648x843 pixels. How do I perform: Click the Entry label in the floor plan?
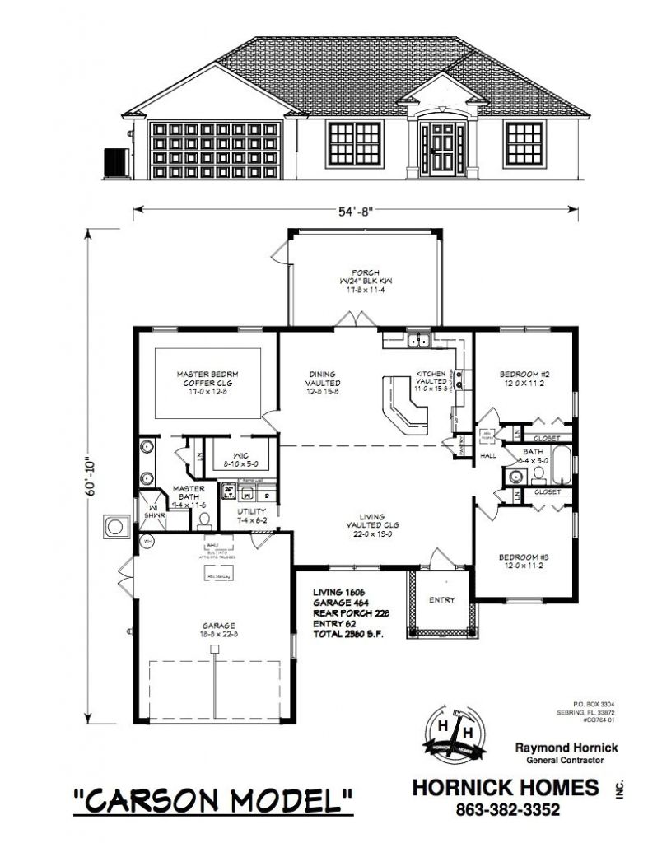441,600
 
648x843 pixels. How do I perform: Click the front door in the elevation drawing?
436,148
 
